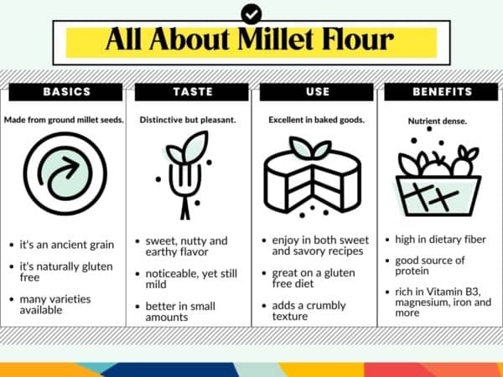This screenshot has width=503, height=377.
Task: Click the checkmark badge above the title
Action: (x=251, y=13)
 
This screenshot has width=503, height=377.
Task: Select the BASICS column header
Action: (x=64, y=91)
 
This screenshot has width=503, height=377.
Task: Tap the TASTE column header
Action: (x=189, y=91)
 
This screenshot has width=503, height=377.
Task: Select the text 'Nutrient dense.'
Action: (x=438, y=121)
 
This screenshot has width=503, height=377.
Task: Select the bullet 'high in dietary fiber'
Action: (x=439, y=240)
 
